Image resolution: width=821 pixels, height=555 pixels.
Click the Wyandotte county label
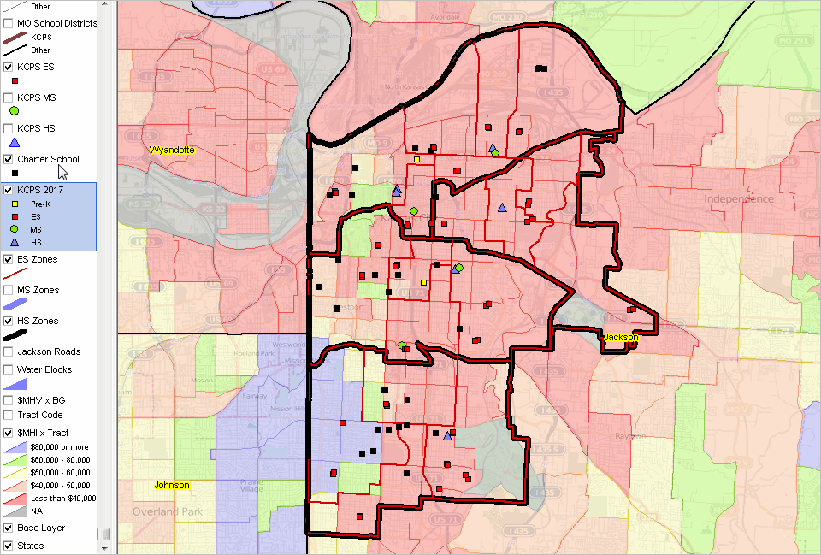click(x=173, y=151)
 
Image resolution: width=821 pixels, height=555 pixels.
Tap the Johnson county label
click(x=171, y=486)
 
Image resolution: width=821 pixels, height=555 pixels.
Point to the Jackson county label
click(x=621, y=338)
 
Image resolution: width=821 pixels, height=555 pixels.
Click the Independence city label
click(x=739, y=199)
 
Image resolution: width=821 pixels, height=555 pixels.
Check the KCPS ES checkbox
click(x=9, y=67)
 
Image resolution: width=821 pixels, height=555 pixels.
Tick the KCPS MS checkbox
click(x=9, y=98)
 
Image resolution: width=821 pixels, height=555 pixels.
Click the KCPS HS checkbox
click(x=9, y=128)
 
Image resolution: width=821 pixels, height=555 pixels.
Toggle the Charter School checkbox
click(x=9, y=159)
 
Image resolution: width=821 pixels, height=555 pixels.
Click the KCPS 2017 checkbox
click(x=9, y=190)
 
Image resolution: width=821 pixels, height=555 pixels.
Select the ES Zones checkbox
click(x=9, y=259)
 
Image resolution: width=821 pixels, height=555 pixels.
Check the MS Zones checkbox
click(x=9, y=290)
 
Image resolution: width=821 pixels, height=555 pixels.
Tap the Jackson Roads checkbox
click(x=9, y=351)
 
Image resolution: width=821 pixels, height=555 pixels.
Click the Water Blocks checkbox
click(x=9, y=369)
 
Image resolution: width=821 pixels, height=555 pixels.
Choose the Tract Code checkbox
click(x=9, y=415)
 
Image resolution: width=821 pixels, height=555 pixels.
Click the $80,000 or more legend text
click(x=58, y=447)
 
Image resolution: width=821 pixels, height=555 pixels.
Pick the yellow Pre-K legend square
click(x=15, y=204)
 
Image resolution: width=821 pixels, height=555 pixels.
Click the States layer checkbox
click(x=9, y=546)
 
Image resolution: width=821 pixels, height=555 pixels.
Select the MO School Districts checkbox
click(x=9, y=23)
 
